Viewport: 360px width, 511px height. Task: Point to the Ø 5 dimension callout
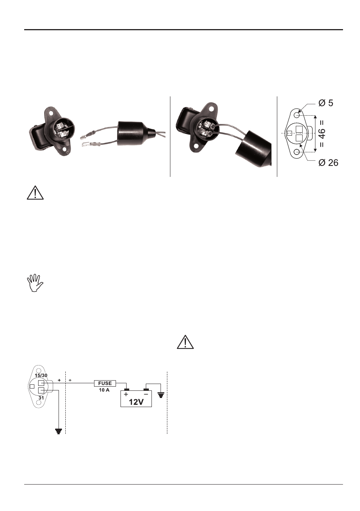(326, 103)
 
